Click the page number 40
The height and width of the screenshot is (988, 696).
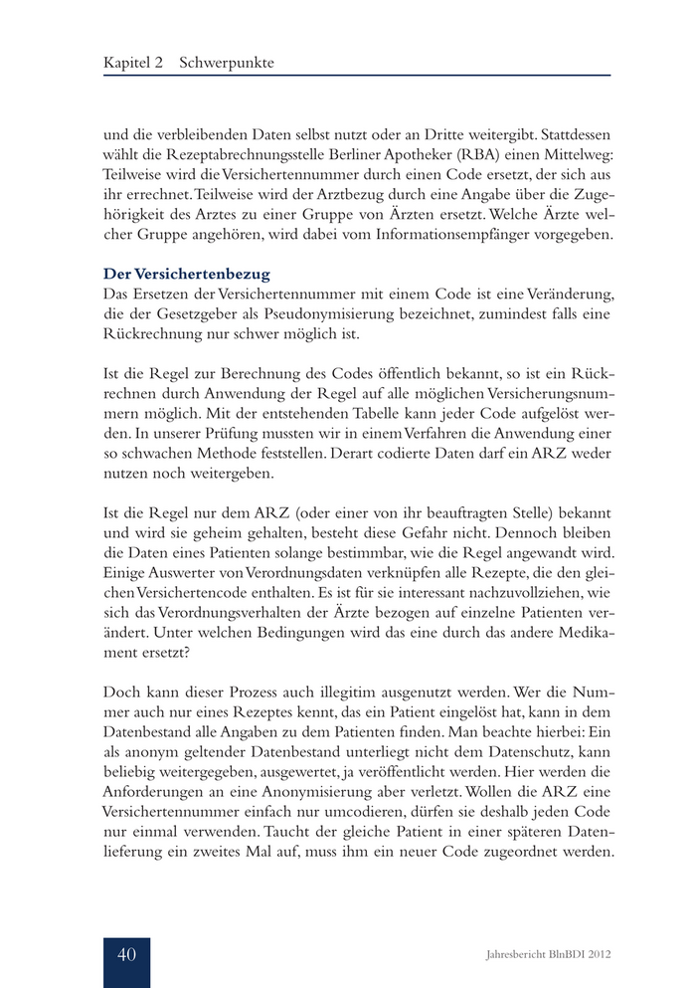pyautogui.click(x=126, y=954)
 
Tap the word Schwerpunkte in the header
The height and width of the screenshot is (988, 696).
pyautogui.click(x=227, y=63)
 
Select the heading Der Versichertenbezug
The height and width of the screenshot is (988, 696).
pyautogui.click(x=187, y=272)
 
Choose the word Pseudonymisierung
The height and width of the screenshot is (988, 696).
pyautogui.click(x=328, y=312)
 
